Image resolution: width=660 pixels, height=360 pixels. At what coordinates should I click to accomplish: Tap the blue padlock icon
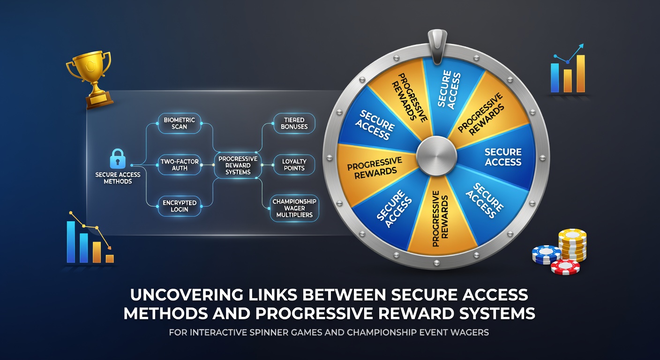pyautogui.click(x=118, y=158)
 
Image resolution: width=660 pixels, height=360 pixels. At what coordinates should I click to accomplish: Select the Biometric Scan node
pyautogui.click(x=180, y=123)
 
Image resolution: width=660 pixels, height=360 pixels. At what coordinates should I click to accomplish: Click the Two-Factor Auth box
pyautogui.click(x=180, y=165)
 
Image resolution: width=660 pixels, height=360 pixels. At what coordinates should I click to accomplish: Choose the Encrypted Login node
pyautogui.click(x=180, y=206)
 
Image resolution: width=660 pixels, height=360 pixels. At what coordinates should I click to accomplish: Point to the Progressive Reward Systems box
pyautogui.click(x=238, y=165)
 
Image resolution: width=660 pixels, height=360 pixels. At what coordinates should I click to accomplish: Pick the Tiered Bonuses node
pyautogui.click(x=294, y=123)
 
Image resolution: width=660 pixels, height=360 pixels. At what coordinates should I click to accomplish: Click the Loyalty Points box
pyautogui.click(x=294, y=165)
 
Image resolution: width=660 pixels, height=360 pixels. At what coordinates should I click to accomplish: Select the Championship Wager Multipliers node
pyautogui.click(x=294, y=208)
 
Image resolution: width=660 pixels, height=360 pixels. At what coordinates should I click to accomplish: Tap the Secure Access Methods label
pyautogui.click(x=118, y=178)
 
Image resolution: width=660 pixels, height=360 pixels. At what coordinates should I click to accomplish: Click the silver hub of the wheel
pyautogui.click(x=436, y=156)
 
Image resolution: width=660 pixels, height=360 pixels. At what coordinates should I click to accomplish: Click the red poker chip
pyautogui.click(x=565, y=267)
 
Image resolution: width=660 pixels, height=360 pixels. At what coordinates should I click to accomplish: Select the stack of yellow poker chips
pyautogui.click(x=572, y=245)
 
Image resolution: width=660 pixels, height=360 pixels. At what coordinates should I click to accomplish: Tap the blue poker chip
pyautogui.click(x=546, y=255)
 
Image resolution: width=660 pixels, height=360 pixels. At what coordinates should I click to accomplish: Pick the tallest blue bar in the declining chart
pyautogui.click(x=71, y=242)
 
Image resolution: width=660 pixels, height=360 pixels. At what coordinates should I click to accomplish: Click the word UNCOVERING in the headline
pyautogui.click(x=187, y=294)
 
